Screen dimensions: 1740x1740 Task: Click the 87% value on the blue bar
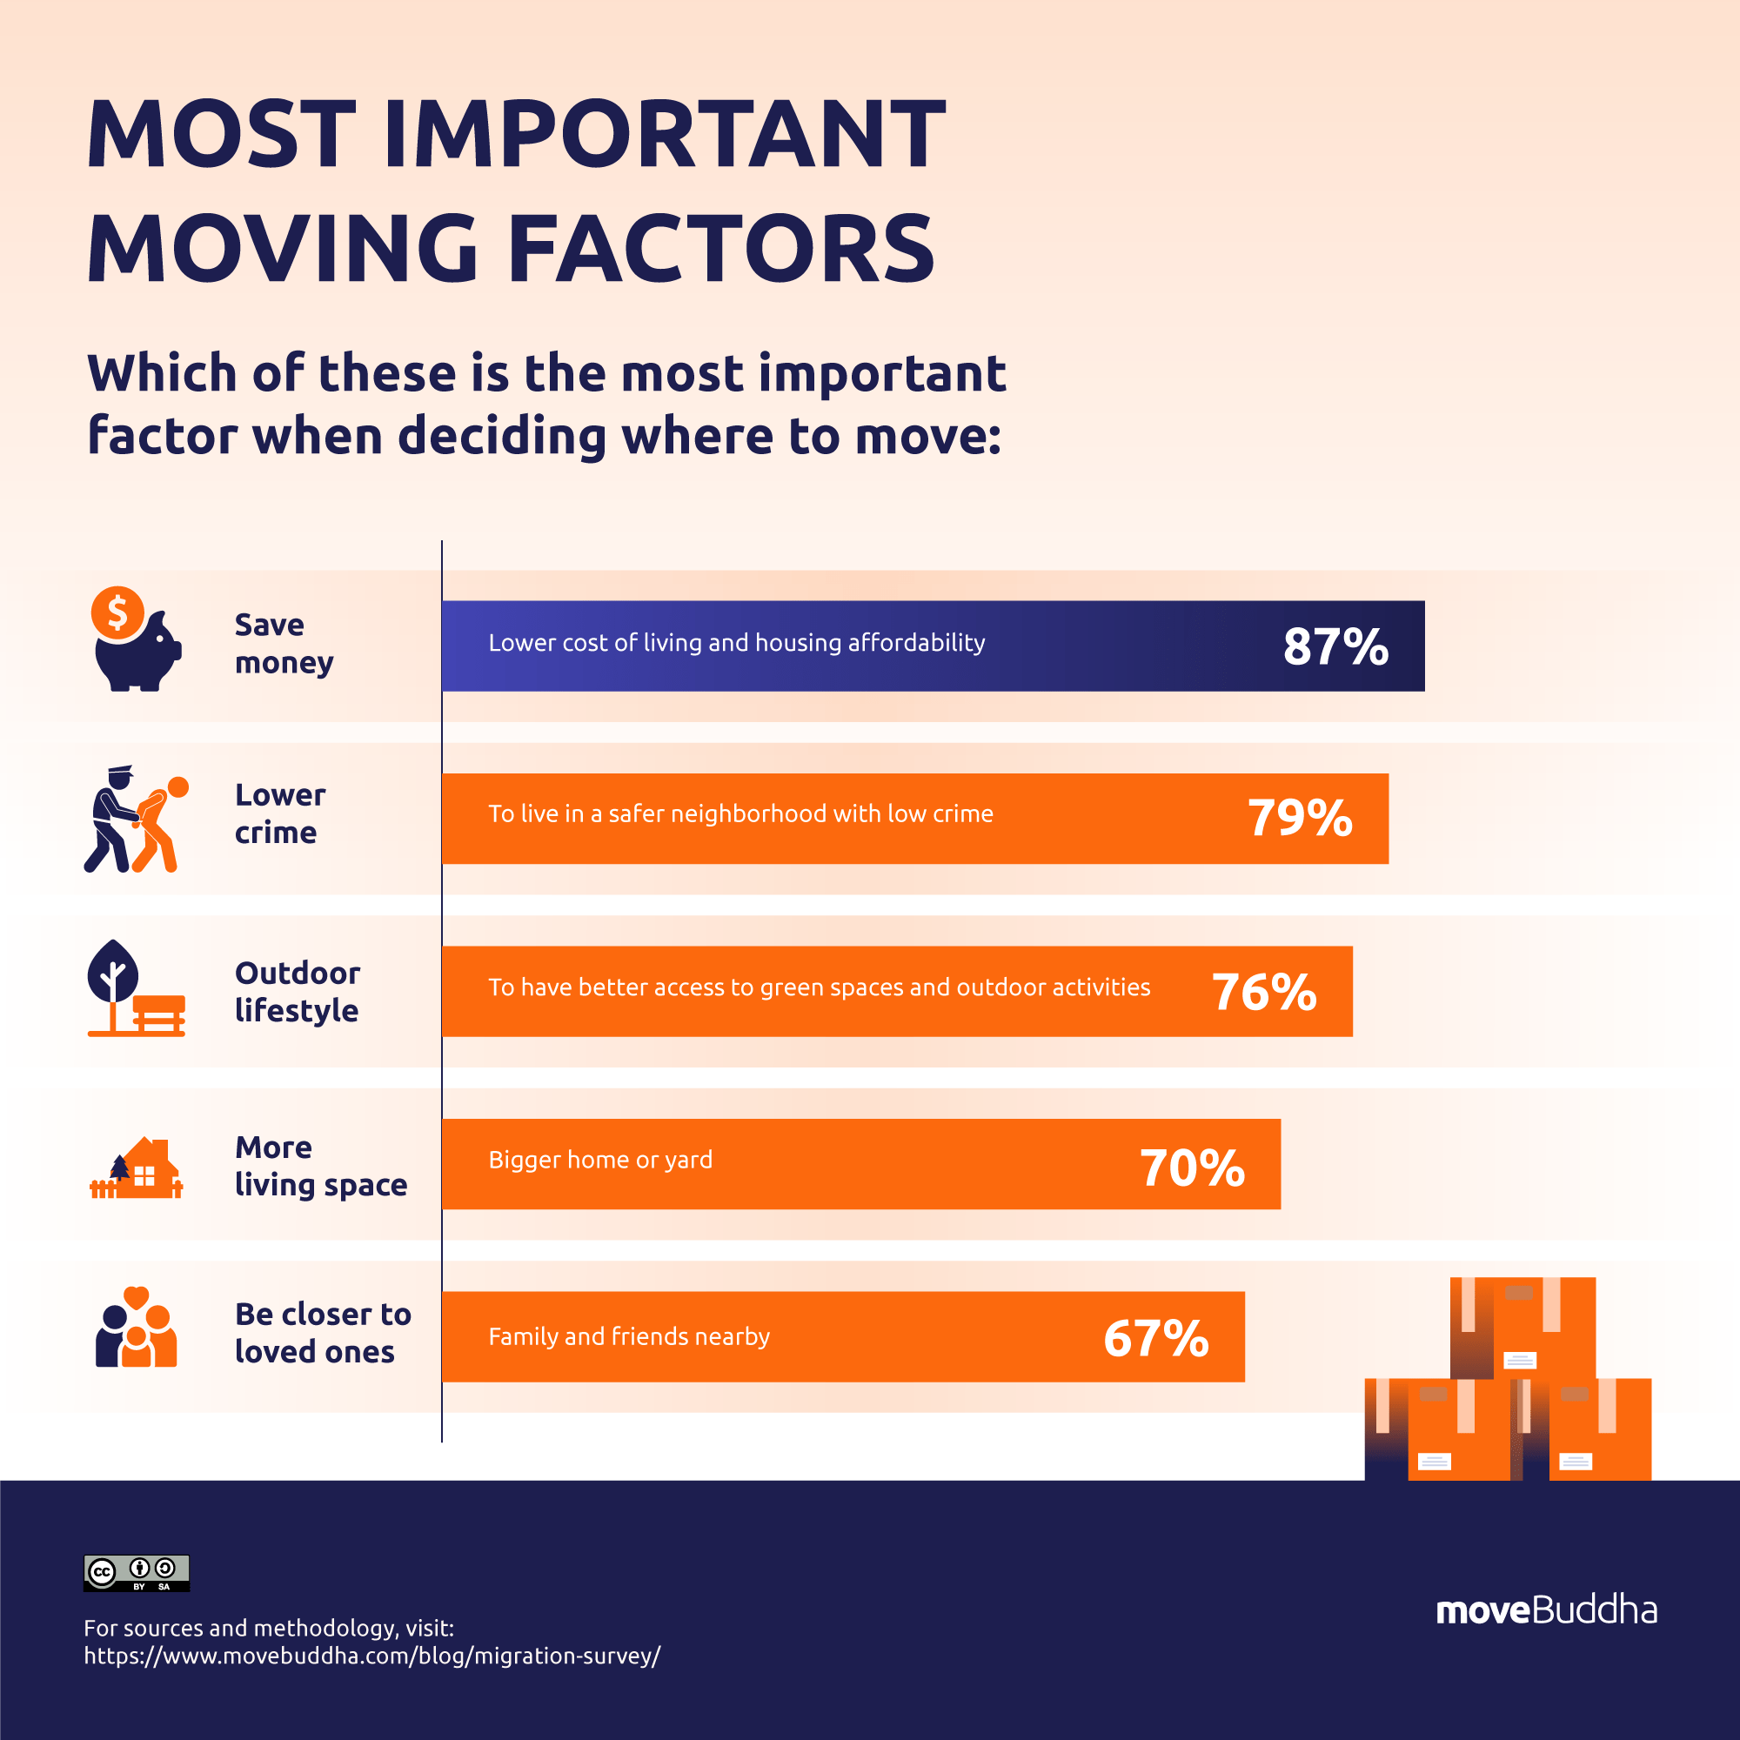click(x=1335, y=646)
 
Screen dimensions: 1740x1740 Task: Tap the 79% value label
click(x=1299, y=818)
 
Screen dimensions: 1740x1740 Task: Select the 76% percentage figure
click(x=1263, y=992)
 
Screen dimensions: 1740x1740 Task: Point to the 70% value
click(x=1192, y=1168)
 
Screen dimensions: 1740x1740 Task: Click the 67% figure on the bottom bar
click(x=1155, y=1338)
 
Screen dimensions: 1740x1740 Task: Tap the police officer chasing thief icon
click(x=135, y=819)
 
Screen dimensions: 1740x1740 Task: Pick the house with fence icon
click(x=136, y=1168)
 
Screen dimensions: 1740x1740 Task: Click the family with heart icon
click(x=136, y=1328)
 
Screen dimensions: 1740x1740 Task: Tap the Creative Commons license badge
click(x=136, y=1572)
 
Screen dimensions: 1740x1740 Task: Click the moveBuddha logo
click(x=1545, y=1609)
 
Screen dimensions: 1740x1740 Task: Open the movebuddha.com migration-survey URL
click(x=372, y=1656)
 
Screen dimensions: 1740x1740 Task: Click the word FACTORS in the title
click(x=721, y=248)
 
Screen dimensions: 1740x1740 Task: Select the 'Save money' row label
click(x=283, y=643)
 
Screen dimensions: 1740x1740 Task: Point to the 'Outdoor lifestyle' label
click(x=298, y=992)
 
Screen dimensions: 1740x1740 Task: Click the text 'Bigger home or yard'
click(x=599, y=1160)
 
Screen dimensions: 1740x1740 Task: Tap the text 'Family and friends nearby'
click(x=629, y=1336)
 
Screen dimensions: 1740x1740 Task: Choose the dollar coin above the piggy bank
click(x=117, y=612)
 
